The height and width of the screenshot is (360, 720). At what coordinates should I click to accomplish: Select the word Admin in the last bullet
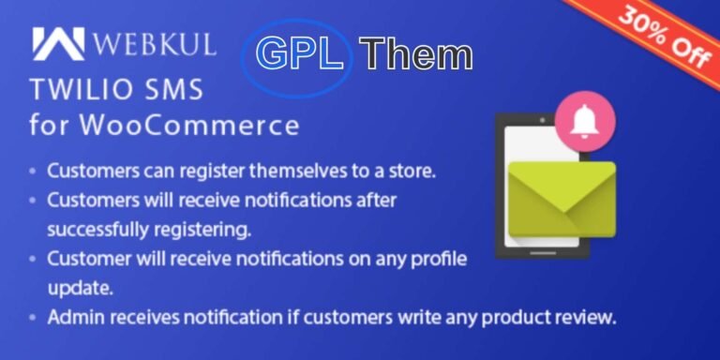[x=71, y=316]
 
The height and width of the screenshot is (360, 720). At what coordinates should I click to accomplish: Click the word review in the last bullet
[x=585, y=316]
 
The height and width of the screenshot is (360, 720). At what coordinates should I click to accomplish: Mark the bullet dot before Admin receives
[x=34, y=318]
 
